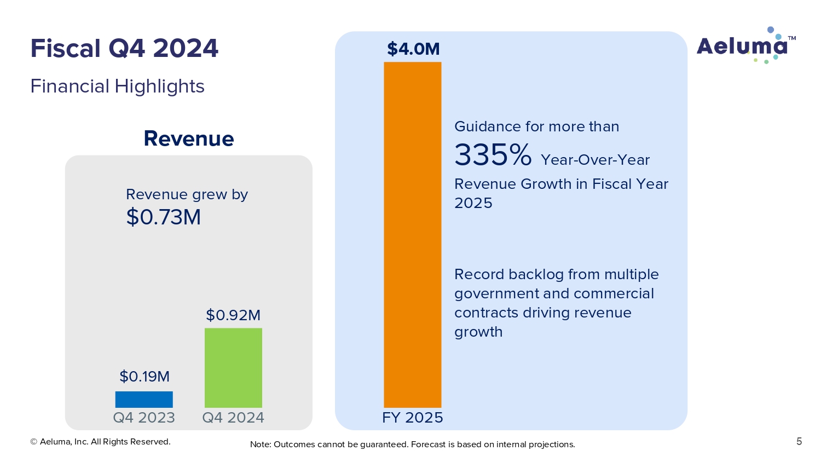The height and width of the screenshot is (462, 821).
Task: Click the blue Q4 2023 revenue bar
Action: pyautogui.click(x=144, y=399)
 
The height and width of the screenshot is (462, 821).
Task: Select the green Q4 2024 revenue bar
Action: pyautogui.click(x=233, y=367)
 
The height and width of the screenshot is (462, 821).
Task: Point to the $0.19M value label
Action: pyautogui.click(x=144, y=377)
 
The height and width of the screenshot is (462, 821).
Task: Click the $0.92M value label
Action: pyautogui.click(x=233, y=315)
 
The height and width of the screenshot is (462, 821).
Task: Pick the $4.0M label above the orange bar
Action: pyautogui.click(x=413, y=49)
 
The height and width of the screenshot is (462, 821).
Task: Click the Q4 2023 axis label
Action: pyautogui.click(x=144, y=418)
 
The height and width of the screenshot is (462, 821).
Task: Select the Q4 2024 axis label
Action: pyautogui.click(x=233, y=418)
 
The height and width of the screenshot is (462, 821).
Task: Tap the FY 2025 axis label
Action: pyautogui.click(x=413, y=418)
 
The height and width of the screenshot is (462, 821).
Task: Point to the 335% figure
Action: pyautogui.click(x=493, y=155)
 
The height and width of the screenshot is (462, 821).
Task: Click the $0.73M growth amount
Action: pyautogui.click(x=164, y=217)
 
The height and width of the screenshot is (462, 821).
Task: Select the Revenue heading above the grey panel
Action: pyautogui.click(x=189, y=139)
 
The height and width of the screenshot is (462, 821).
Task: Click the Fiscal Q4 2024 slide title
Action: pyautogui.click(x=124, y=48)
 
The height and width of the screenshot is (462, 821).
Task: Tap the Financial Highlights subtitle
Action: pyautogui.click(x=117, y=86)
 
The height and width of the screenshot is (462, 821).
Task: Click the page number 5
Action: pyautogui.click(x=799, y=442)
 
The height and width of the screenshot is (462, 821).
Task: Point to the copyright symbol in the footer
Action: pyautogui.click(x=33, y=442)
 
